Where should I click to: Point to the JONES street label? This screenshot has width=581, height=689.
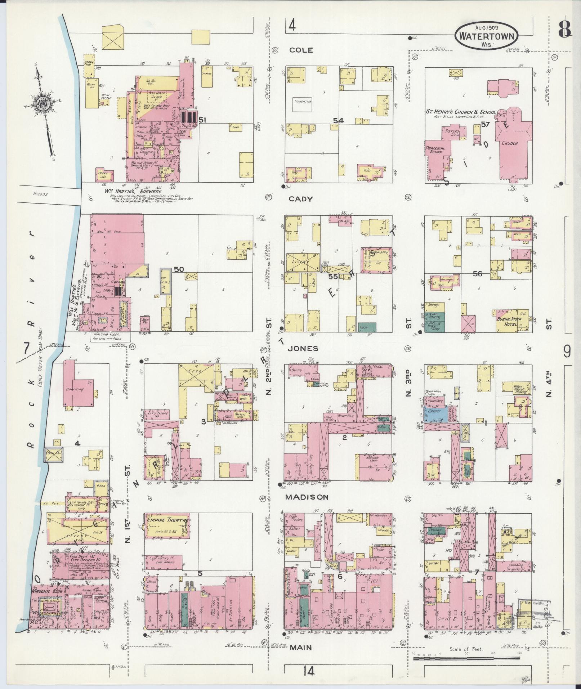[x=302, y=348]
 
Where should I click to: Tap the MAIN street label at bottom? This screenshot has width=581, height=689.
[x=301, y=648]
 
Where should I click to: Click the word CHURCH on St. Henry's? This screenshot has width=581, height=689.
[x=510, y=143]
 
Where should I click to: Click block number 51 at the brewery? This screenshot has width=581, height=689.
[x=202, y=121]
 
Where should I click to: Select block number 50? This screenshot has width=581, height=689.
[x=179, y=269]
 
